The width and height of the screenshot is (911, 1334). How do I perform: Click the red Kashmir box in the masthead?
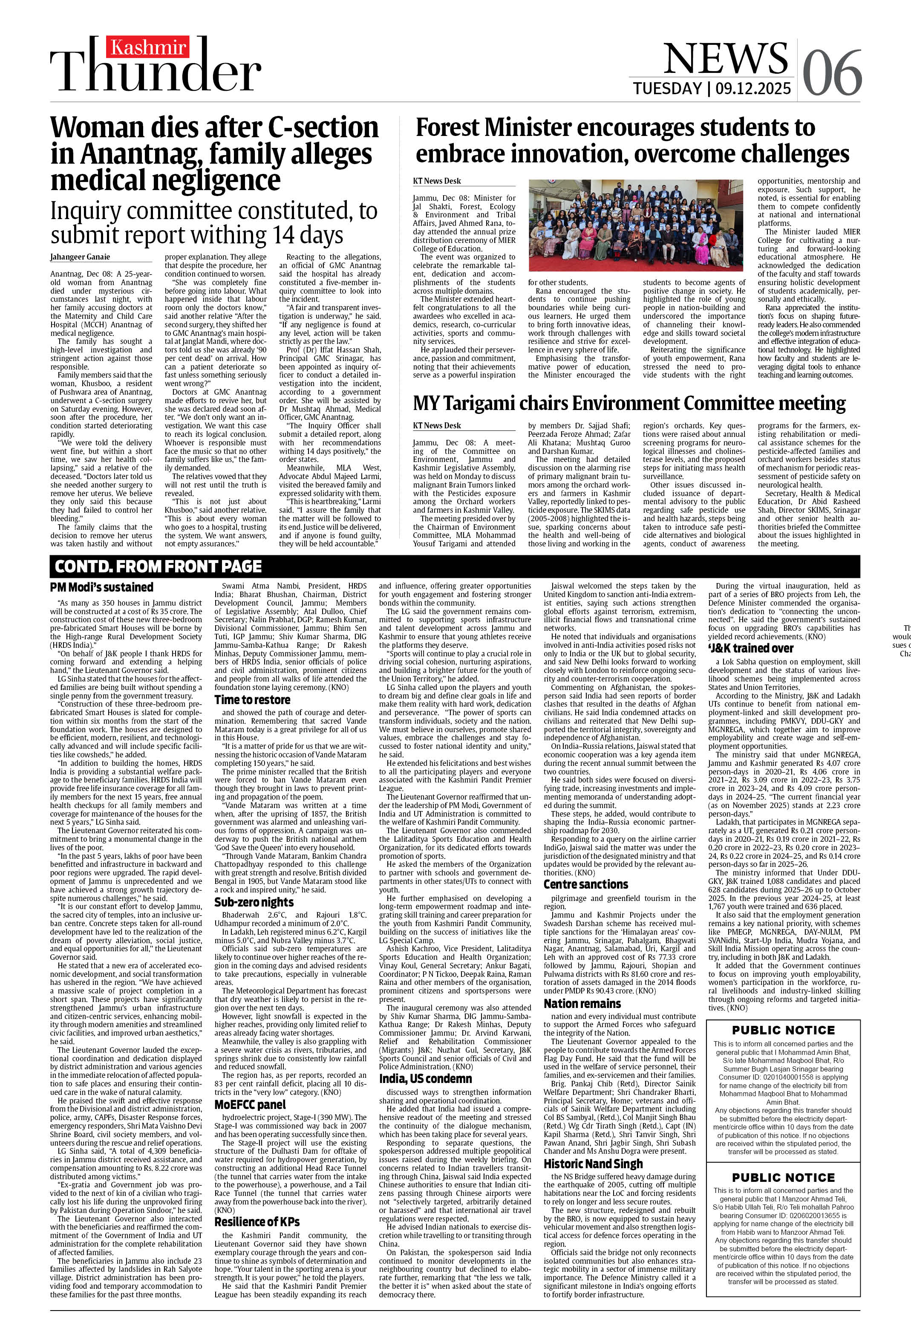148,48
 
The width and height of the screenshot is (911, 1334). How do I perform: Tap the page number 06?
831,73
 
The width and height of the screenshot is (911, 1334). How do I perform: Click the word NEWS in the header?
726,58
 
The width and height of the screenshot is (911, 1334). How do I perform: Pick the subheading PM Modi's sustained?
101,587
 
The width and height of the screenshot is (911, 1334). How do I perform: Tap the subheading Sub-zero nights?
254,902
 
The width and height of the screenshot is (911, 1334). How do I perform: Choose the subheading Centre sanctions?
585,884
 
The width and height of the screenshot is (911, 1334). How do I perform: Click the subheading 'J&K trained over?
750,648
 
